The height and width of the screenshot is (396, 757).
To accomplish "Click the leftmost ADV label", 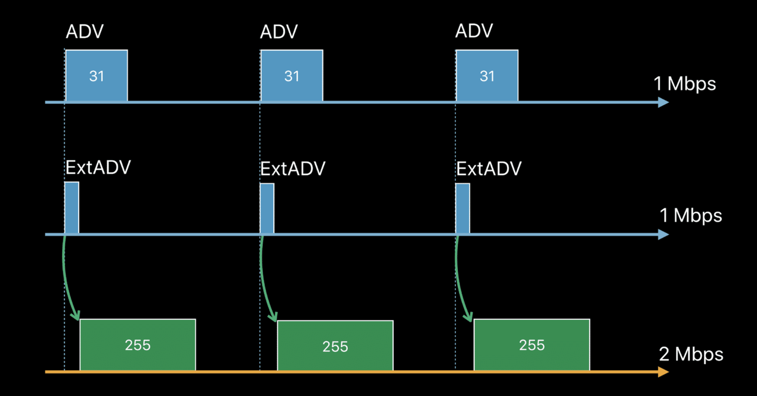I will pyautogui.click(x=85, y=31).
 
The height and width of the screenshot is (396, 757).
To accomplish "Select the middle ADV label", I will pyautogui.click(x=279, y=31).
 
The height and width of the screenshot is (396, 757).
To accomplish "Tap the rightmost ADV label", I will pyautogui.click(x=474, y=31).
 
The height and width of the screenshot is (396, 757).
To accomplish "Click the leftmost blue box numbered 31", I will pyautogui.click(x=96, y=76).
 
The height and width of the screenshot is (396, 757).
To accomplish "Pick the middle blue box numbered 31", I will pyautogui.click(x=292, y=76).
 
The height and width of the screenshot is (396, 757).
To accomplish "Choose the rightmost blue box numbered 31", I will pyautogui.click(x=487, y=76).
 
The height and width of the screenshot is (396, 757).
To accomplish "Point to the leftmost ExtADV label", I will pyautogui.click(x=98, y=168).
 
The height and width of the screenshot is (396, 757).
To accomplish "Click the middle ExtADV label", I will pyautogui.click(x=293, y=169).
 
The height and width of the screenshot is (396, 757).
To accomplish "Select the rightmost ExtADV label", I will pyautogui.click(x=489, y=169).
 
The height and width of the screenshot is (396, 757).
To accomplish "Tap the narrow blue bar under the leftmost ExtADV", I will pyautogui.click(x=72, y=208).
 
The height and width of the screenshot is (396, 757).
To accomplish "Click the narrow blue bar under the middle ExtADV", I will pyautogui.click(x=267, y=209).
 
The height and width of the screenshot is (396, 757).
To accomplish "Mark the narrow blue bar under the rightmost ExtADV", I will pyautogui.click(x=462, y=209).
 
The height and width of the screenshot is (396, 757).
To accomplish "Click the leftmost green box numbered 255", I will pyautogui.click(x=138, y=345).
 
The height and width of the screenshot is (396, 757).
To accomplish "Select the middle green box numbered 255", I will pyautogui.click(x=335, y=346).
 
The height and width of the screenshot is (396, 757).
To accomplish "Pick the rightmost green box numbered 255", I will pyautogui.click(x=532, y=345).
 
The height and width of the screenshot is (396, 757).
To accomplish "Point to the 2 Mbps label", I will pyautogui.click(x=691, y=354).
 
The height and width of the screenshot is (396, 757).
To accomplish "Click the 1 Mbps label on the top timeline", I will pyautogui.click(x=685, y=84).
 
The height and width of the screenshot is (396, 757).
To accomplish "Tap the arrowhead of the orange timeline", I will pyautogui.click(x=663, y=372).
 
